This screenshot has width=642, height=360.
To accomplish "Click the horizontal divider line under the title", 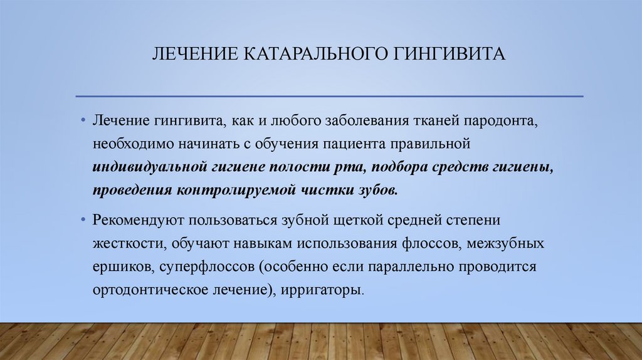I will pos(329,96).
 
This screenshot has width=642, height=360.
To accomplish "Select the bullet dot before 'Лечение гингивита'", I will pos(83,120).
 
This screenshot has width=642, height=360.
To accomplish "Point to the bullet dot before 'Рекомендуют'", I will pos(83,221).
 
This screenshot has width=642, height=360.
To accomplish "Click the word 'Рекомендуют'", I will pos(140,221).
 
